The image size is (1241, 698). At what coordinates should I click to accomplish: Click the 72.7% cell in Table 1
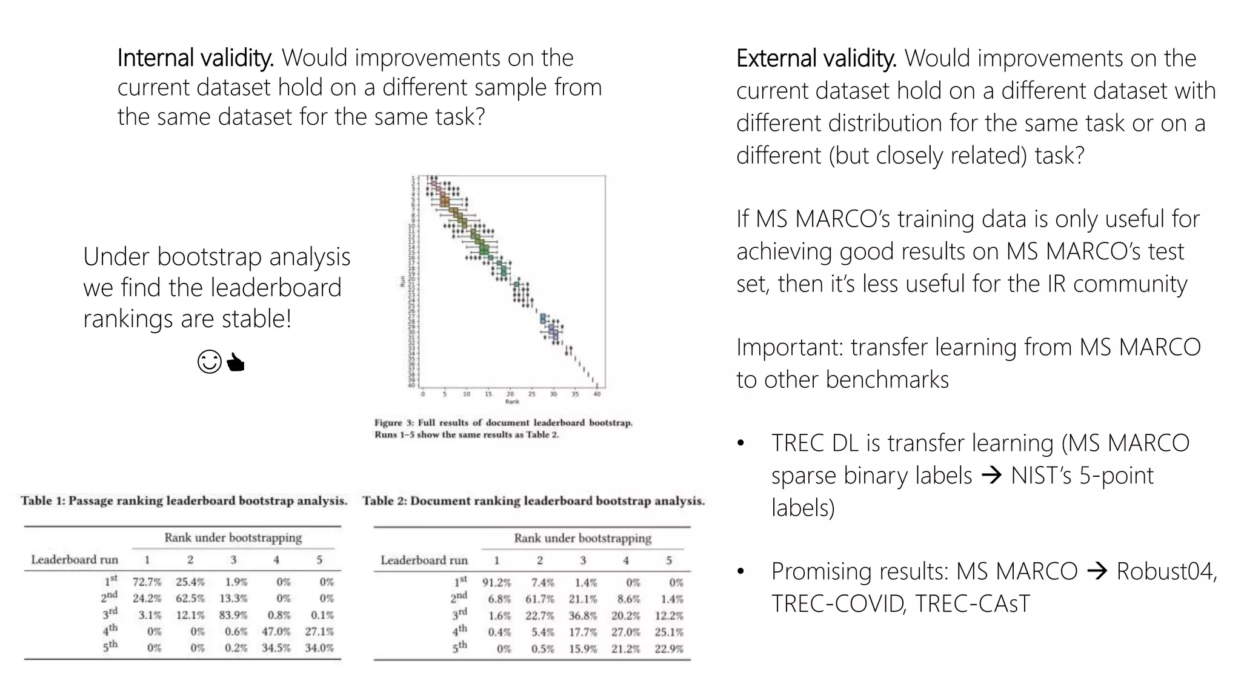(147, 582)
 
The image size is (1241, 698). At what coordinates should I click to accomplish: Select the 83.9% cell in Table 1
(233, 615)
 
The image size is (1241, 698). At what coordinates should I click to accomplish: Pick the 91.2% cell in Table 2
(496, 583)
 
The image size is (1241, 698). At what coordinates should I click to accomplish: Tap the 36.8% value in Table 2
(583, 616)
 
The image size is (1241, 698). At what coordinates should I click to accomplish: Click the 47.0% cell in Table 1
(276, 631)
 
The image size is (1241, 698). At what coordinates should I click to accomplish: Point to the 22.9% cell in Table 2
(669, 648)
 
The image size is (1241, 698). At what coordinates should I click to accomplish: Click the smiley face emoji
(210, 362)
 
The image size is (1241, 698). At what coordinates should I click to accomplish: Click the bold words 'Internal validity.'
(195, 58)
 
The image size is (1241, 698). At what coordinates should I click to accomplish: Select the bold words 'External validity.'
(816, 59)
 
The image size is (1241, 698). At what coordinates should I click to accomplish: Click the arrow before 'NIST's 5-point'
(991, 476)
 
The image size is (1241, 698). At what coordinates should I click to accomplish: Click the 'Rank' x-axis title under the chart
(512, 402)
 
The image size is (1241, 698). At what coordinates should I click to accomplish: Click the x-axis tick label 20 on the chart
(510, 394)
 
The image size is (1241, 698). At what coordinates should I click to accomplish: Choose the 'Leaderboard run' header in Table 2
(424, 560)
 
